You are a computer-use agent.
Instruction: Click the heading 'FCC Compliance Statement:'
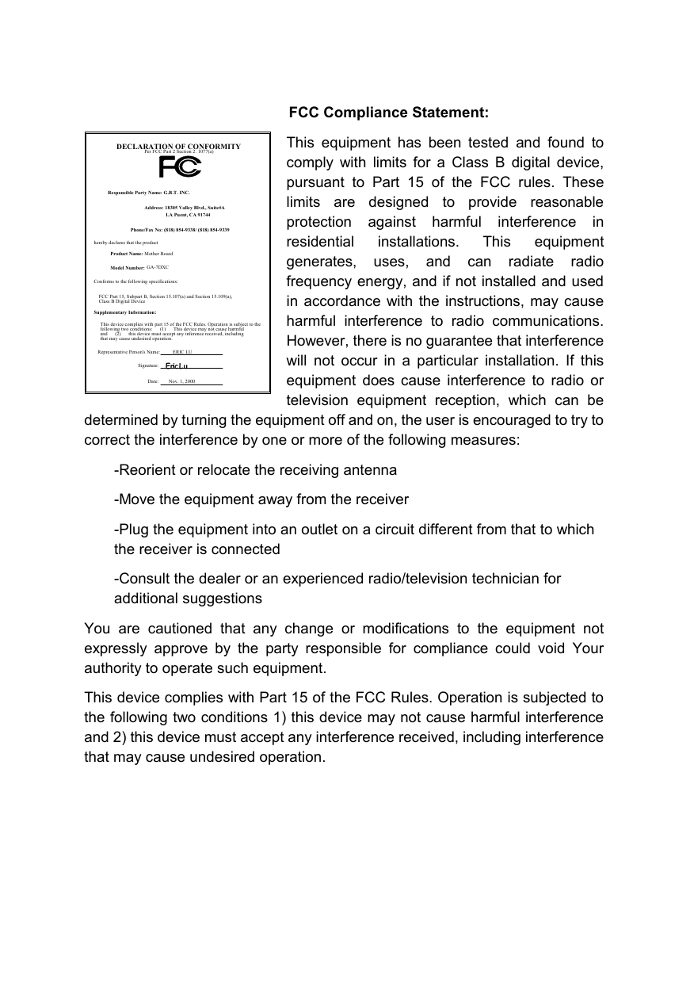(x=388, y=113)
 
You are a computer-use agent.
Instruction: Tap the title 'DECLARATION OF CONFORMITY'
(x=178, y=146)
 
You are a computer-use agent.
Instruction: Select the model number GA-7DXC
(x=158, y=267)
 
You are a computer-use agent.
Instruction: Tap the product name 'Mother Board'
(x=158, y=253)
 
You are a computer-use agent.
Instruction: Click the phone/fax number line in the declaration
(x=179, y=229)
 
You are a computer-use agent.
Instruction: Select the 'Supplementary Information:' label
(x=125, y=312)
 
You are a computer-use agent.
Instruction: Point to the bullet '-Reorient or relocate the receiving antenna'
(x=256, y=470)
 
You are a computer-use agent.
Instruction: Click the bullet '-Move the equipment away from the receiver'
(x=261, y=499)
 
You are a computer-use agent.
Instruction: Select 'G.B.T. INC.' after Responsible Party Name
(x=177, y=193)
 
